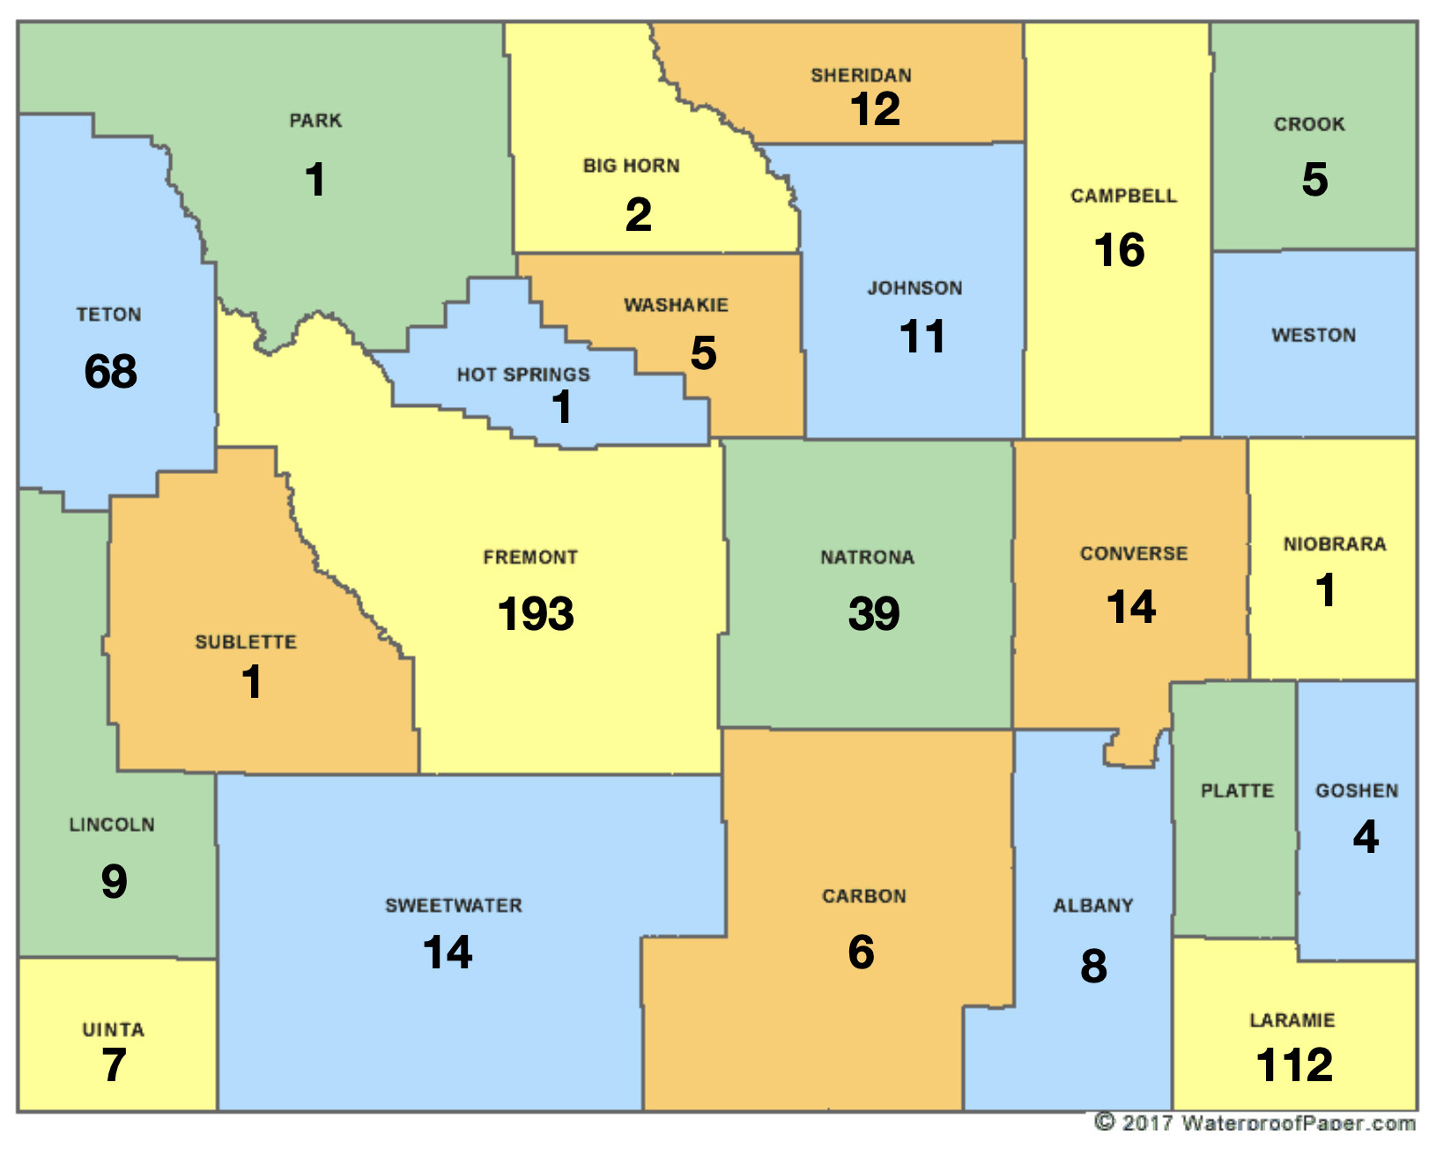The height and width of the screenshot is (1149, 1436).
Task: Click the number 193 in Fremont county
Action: (x=536, y=613)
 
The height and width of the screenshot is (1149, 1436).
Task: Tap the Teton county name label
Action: (x=108, y=315)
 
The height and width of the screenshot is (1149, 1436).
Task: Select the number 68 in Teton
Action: (x=111, y=371)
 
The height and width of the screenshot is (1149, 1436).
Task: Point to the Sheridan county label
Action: (x=861, y=76)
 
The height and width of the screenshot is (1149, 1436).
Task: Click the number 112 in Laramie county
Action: (x=1294, y=1064)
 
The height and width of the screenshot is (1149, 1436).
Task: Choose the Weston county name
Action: (x=1314, y=335)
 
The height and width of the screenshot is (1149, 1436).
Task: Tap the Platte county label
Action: (x=1237, y=790)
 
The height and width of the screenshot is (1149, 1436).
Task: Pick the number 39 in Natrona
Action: (x=874, y=613)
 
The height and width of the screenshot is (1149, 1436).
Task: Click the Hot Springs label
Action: (x=523, y=374)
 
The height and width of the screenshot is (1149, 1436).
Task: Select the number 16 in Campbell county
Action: (x=1119, y=250)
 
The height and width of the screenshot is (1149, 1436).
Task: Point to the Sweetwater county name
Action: (x=454, y=905)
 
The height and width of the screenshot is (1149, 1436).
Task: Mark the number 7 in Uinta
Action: (x=114, y=1064)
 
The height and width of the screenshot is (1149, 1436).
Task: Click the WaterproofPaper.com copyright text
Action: (x=1255, y=1123)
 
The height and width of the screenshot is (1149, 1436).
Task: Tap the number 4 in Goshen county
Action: (x=1366, y=836)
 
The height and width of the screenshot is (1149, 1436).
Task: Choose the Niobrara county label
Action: (x=1335, y=544)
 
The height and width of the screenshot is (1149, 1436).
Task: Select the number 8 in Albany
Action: (x=1093, y=966)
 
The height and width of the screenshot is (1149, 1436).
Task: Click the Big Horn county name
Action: (x=631, y=166)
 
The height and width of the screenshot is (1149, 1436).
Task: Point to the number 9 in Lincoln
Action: (x=115, y=881)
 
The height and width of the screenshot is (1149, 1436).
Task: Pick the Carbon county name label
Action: (x=863, y=896)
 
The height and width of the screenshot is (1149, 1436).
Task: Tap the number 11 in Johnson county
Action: (x=922, y=337)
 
